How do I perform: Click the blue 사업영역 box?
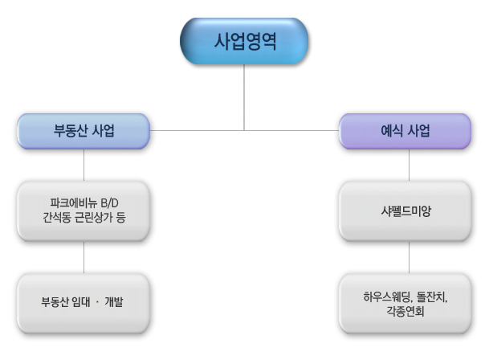tap(244, 42)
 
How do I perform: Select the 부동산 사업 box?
tap(84, 130)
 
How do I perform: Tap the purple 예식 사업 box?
tap(405, 130)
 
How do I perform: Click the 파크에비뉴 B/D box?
tap(84, 211)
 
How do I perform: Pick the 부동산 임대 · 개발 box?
tap(84, 302)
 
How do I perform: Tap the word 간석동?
tap(56, 218)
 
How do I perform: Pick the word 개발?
tap(123, 302)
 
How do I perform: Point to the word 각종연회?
tap(408, 309)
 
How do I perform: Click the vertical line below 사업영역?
tap(244, 96)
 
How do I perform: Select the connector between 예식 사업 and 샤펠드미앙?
tap(409, 165)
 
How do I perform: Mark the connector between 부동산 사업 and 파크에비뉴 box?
tap(84, 165)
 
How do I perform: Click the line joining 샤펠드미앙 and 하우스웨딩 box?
tap(409, 256)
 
